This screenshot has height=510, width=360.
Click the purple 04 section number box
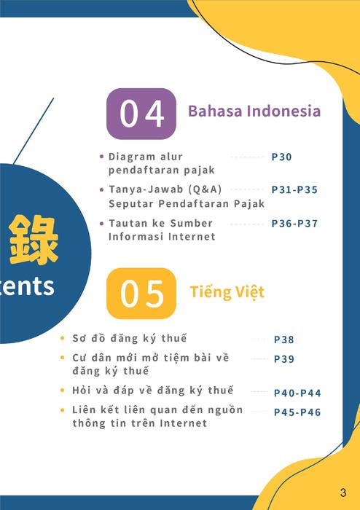point(141,114)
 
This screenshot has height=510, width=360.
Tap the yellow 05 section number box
point(141,294)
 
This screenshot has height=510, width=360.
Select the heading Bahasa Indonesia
point(254,111)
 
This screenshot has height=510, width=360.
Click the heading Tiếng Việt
point(227,291)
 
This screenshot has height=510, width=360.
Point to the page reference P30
point(281,157)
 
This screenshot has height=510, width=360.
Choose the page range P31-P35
point(294,189)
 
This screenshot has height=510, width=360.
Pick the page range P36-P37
point(294,224)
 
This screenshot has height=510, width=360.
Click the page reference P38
point(284,340)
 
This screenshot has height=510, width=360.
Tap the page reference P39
point(284,359)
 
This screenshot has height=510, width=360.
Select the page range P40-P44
point(297,393)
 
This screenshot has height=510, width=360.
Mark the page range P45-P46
point(297,412)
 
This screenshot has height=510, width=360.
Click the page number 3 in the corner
point(343,493)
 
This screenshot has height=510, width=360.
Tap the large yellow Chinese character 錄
point(34,240)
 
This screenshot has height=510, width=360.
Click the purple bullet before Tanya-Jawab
point(102,189)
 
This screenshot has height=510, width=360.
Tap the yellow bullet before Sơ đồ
point(63,338)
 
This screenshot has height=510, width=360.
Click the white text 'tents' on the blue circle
point(27,286)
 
